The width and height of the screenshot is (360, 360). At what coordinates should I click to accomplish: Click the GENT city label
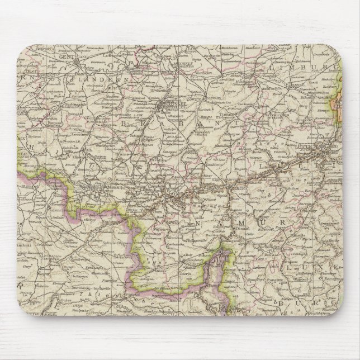[x=66, y=56]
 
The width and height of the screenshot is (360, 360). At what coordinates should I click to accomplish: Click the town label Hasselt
[x=288, y=96]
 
